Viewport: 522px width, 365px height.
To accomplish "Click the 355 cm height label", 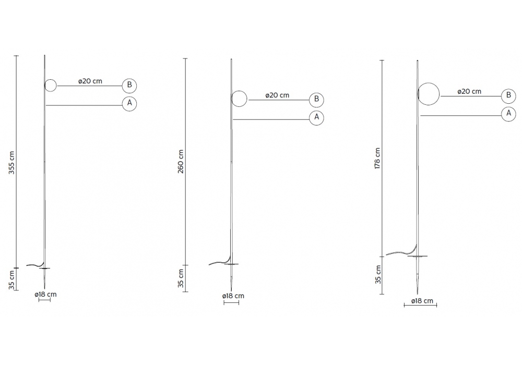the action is point(11,163).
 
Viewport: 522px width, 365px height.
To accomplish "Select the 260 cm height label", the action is point(181,162).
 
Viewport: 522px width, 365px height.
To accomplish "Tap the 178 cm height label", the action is point(377,158).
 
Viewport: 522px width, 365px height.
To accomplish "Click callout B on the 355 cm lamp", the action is point(129,86).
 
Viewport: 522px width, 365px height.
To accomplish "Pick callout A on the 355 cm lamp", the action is point(129,103).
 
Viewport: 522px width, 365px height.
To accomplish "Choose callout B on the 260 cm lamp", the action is point(316,100).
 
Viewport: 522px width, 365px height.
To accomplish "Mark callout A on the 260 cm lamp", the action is point(316,117).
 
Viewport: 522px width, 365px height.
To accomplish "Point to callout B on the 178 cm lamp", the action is point(508,95).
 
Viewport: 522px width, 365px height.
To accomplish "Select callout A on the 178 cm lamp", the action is point(508,114).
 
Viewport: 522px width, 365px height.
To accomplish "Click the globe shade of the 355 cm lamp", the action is point(51,80).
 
